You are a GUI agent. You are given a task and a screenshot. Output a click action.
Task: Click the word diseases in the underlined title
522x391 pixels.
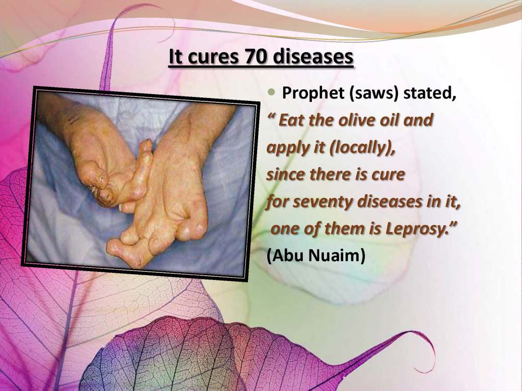click(x=312, y=57)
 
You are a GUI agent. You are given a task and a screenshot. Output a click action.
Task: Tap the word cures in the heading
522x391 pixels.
click(x=213, y=57)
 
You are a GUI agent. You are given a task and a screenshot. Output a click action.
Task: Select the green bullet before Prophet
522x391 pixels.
click(x=272, y=92)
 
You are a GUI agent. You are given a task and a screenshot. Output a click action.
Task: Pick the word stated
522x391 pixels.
click(x=429, y=93)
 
